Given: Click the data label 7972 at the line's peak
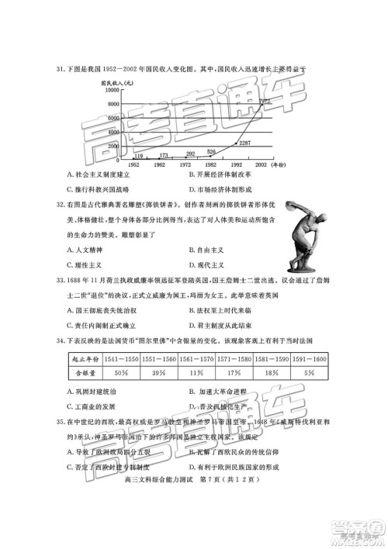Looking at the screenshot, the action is [264, 101].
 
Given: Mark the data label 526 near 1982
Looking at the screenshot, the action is [211, 152].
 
